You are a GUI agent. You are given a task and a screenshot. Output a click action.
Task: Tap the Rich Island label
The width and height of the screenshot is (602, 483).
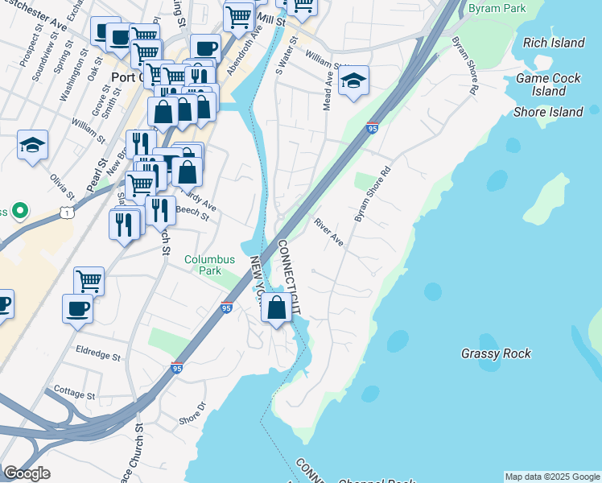(x=554, y=43)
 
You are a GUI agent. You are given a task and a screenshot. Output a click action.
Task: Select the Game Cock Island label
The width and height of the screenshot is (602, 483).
(x=548, y=85)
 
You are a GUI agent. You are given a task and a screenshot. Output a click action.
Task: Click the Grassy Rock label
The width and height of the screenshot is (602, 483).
(x=496, y=353)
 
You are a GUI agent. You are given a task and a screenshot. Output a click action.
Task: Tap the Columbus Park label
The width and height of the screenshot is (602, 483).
(x=209, y=266)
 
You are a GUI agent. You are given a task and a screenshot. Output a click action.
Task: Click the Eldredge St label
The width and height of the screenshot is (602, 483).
(x=98, y=354)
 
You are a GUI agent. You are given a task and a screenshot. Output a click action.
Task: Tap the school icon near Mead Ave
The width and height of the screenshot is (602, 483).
(x=353, y=80)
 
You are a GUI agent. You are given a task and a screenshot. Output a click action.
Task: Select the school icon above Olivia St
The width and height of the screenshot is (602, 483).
(x=32, y=145)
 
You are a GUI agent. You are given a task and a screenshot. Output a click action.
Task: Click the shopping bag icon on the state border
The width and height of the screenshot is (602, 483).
(x=276, y=308)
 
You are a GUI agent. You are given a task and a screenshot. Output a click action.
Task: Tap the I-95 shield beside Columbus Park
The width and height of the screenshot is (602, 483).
(x=226, y=308)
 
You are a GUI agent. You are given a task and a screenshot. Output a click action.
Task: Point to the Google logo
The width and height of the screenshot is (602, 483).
(x=27, y=473)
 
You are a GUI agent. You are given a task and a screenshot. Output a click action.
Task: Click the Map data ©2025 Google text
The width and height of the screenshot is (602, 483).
(x=552, y=477)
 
